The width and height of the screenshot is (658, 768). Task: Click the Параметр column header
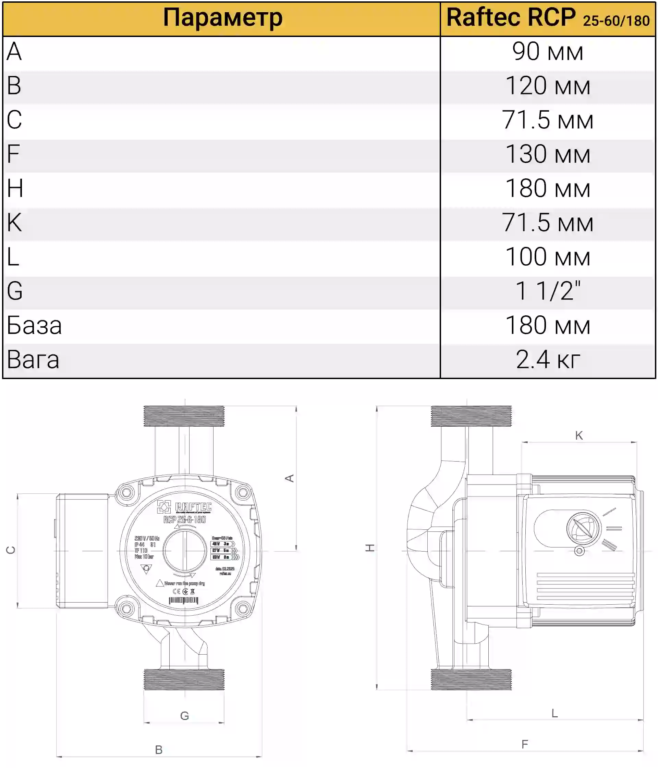[x=222, y=18]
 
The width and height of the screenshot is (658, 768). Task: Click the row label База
[x=34, y=325]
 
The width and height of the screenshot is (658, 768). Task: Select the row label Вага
[x=33, y=360]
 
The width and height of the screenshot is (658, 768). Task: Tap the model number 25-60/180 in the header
[x=616, y=21]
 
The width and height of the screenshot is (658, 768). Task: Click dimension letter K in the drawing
[x=578, y=436]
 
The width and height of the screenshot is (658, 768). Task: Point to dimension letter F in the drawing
[x=524, y=744]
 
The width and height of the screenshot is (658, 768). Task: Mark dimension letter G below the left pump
[x=184, y=715]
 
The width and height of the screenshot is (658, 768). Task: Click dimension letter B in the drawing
[x=159, y=750]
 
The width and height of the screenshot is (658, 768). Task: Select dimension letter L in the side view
[x=555, y=713]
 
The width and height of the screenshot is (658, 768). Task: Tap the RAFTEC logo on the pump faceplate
[x=185, y=507]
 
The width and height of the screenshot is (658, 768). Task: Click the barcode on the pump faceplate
[x=184, y=601]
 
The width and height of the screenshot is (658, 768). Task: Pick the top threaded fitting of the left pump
[x=184, y=416]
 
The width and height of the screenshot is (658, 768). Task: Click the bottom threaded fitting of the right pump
[x=471, y=679]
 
